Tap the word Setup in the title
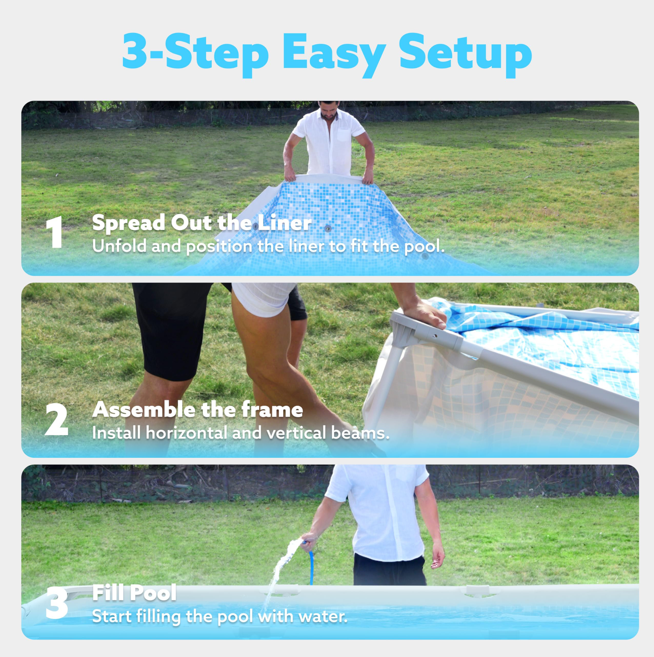click(x=466, y=55)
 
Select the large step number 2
click(x=56, y=420)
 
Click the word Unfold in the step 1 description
click(x=119, y=246)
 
